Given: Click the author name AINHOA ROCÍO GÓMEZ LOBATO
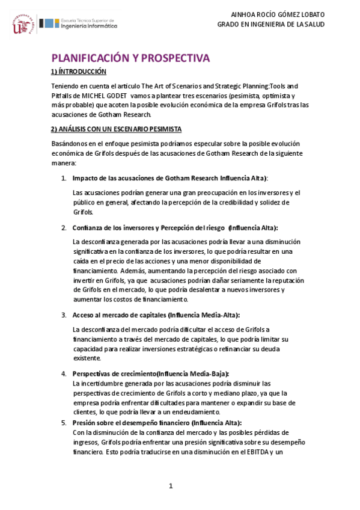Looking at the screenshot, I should [278, 14].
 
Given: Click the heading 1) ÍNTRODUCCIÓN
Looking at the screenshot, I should [78, 72].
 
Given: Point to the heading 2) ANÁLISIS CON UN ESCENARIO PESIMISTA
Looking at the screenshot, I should [116, 129].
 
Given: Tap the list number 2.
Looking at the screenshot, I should [64, 228].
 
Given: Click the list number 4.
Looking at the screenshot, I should [64, 373].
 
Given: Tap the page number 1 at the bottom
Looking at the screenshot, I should [171, 486].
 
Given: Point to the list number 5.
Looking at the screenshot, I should [64, 423].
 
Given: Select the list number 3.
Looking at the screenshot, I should [64, 315].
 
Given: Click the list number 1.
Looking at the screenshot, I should [64, 178].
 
